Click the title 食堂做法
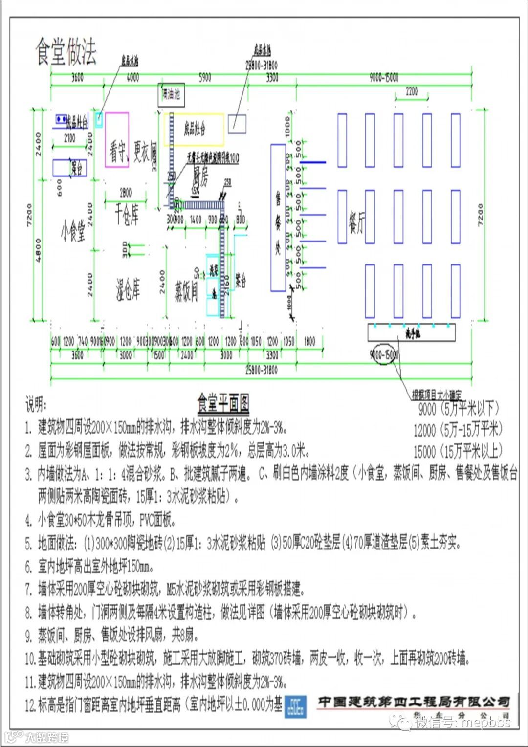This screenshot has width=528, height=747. [x=66, y=51]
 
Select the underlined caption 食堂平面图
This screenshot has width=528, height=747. [x=223, y=404]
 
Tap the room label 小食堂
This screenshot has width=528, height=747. [x=73, y=230]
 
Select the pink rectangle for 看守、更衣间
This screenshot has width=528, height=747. [x=117, y=140]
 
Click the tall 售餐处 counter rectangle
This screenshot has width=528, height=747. [x=278, y=218]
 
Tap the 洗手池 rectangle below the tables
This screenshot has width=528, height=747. [x=412, y=332]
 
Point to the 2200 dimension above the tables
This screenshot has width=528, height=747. [x=412, y=91]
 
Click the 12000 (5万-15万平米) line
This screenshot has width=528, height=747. [x=458, y=430]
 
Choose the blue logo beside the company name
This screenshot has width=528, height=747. [x=296, y=706]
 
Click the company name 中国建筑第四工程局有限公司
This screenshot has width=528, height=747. [x=413, y=702]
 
